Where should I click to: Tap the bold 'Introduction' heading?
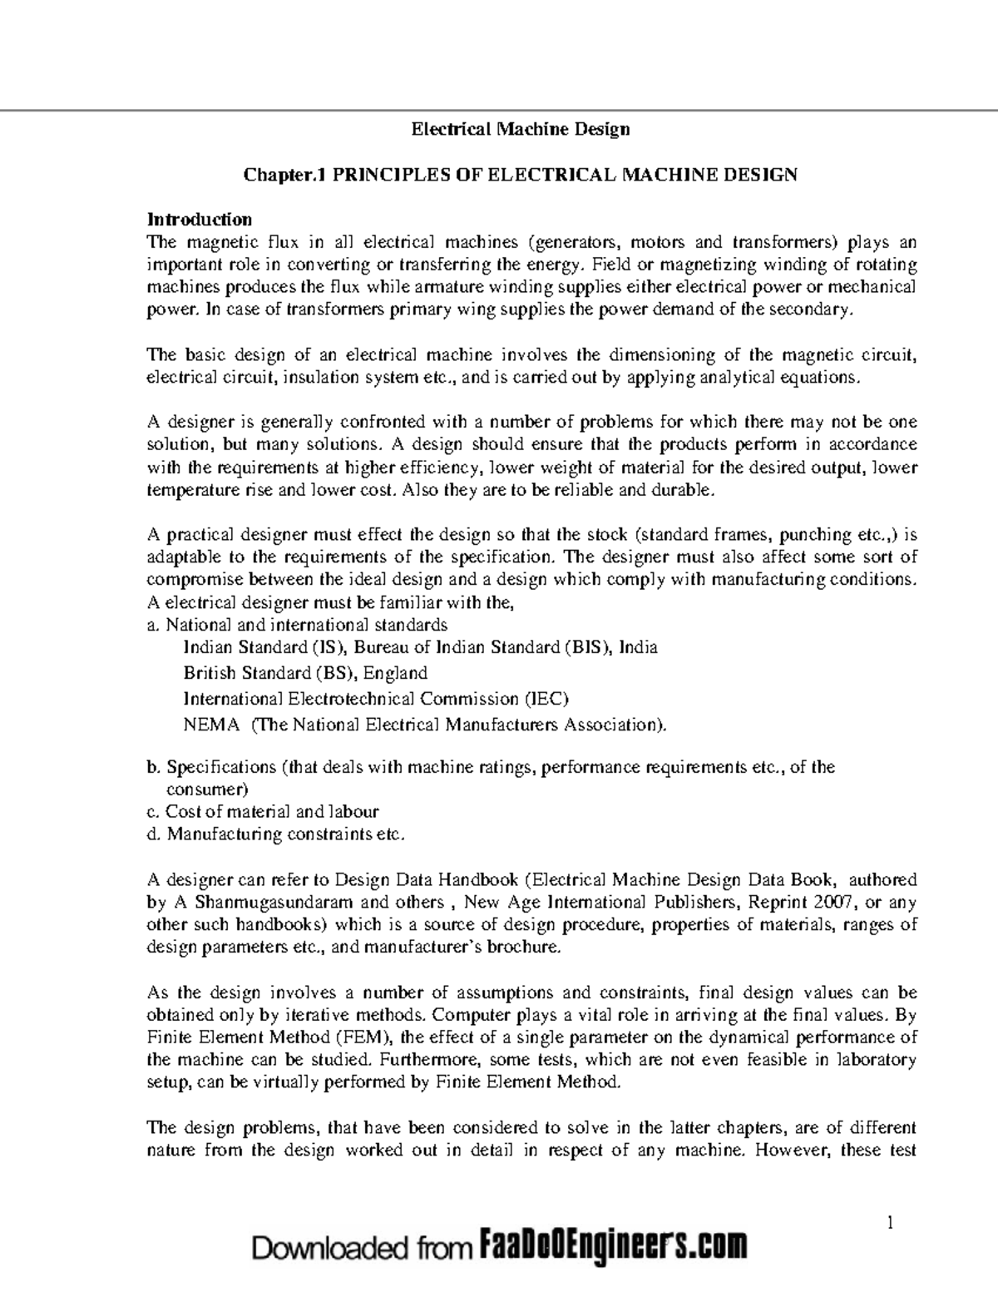pyautogui.click(x=199, y=220)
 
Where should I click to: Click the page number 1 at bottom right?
pyautogui.click(x=889, y=1222)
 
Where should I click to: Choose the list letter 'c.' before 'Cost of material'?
pyautogui.click(x=153, y=811)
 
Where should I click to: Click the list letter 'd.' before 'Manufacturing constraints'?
pyautogui.click(x=153, y=834)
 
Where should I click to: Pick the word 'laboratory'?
pyautogui.click(x=876, y=1060)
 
